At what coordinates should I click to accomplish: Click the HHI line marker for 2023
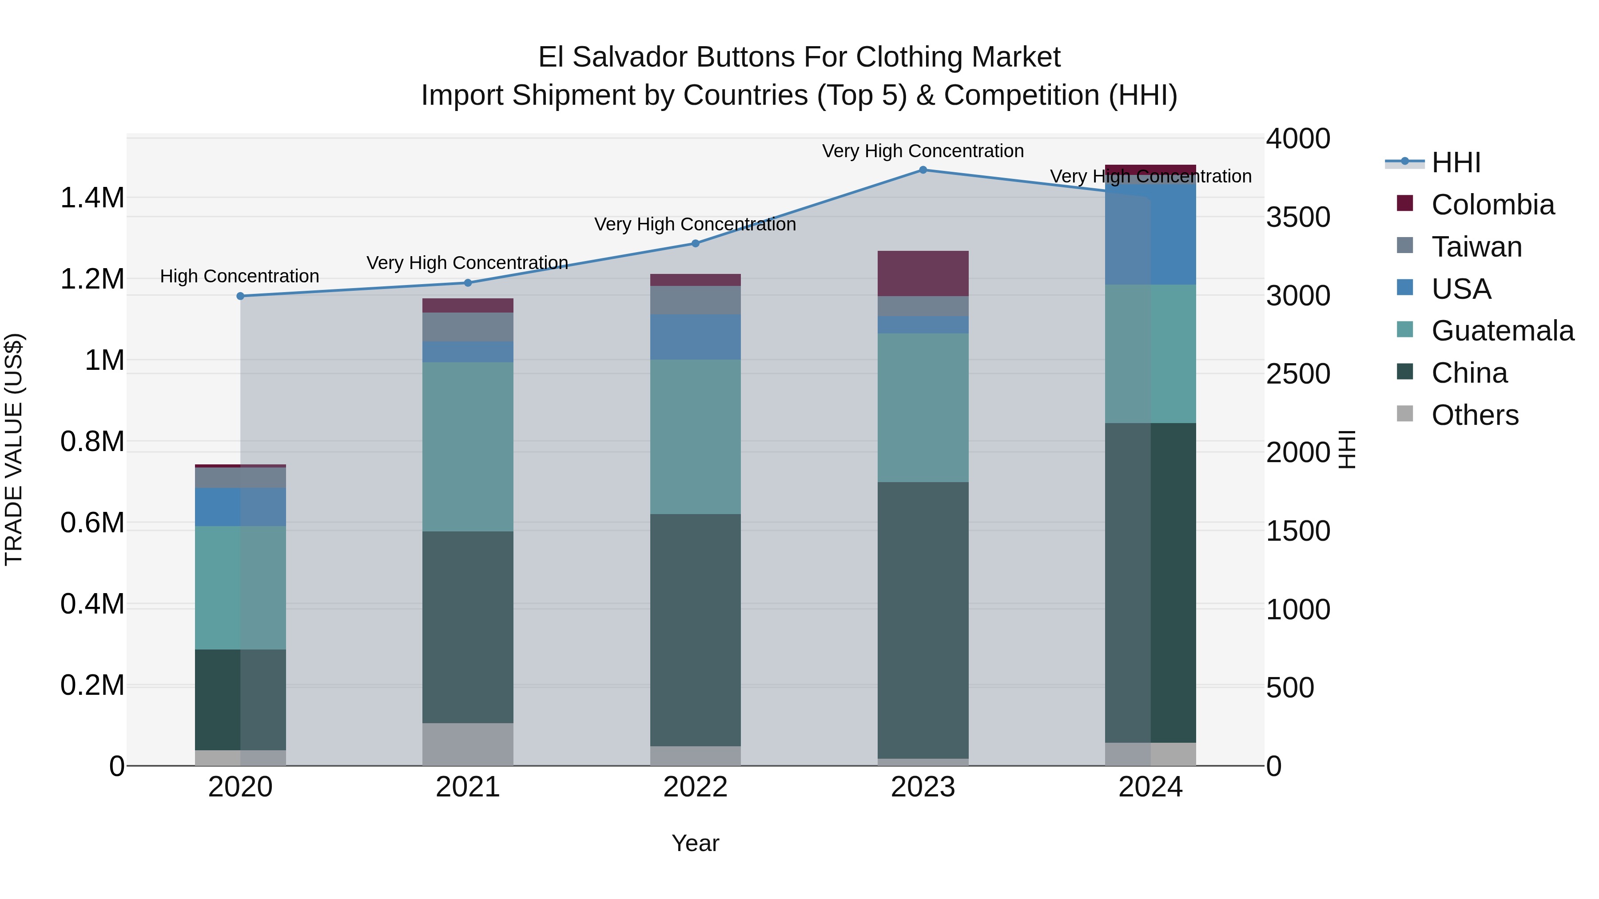point(923,170)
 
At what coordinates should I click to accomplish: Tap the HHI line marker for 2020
point(241,296)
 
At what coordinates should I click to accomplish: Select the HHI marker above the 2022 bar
point(695,244)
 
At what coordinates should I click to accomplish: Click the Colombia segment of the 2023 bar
point(923,273)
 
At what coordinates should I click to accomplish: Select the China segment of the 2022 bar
point(695,630)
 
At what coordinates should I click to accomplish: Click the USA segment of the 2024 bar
point(1150,234)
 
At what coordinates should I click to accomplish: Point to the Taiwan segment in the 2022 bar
point(695,300)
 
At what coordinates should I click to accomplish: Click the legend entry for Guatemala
point(1502,331)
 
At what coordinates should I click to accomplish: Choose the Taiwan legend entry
point(1476,247)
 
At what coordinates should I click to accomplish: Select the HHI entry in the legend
point(1456,162)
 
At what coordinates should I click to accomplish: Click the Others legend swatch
point(1405,414)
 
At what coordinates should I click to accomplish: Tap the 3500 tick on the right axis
point(1298,217)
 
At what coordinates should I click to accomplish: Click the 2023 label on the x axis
point(923,787)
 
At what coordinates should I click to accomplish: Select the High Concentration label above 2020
point(239,276)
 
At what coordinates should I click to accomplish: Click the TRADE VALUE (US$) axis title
point(14,449)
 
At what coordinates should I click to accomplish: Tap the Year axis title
point(695,843)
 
